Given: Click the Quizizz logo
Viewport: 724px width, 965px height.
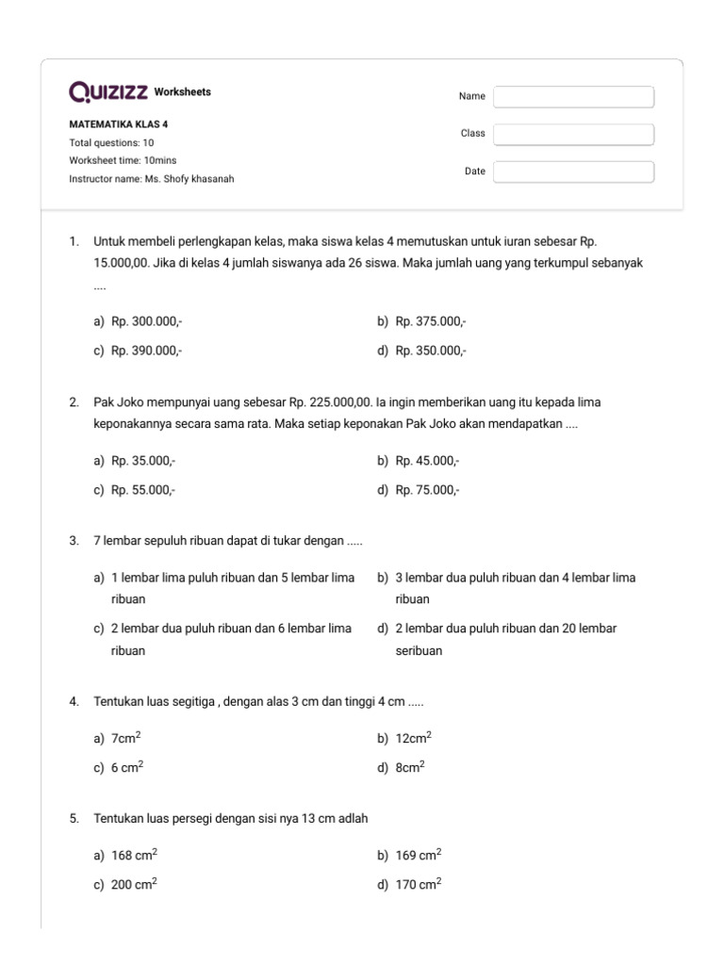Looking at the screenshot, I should (108, 91).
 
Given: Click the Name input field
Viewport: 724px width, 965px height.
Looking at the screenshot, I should (573, 97).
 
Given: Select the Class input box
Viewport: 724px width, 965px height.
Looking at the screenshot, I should (573, 134).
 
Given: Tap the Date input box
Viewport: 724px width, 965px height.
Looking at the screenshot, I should (573, 172).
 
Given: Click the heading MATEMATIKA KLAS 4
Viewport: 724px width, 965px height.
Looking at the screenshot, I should (119, 123).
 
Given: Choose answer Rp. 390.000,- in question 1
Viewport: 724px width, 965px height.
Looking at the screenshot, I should (146, 351).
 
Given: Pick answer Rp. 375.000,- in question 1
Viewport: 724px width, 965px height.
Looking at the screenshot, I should (431, 321).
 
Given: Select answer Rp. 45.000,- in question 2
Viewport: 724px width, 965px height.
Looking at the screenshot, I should (427, 461).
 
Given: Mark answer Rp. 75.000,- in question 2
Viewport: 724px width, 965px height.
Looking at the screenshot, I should (427, 490).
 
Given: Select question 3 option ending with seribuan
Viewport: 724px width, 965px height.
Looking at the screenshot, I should (505, 639).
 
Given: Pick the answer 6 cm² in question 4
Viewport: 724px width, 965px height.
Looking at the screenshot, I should (127, 767).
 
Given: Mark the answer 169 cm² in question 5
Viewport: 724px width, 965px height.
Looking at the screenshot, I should (419, 856).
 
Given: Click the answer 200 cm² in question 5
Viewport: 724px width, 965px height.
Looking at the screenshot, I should (134, 884).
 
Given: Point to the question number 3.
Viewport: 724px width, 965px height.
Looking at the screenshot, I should (74, 542).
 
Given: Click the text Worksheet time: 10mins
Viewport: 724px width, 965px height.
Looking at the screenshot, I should (123, 160).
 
